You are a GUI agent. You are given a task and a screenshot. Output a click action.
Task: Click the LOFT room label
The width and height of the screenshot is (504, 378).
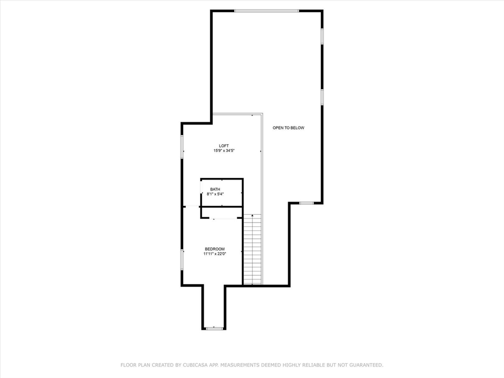click(x=224, y=146)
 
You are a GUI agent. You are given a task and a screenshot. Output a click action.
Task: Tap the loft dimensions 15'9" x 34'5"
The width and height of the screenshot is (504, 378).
click(x=224, y=151)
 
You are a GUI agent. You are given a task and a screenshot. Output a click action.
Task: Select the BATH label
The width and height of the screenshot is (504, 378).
click(x=215, y=190)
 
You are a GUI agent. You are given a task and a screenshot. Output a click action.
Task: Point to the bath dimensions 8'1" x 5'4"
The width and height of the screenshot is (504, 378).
click(x=215, y=194)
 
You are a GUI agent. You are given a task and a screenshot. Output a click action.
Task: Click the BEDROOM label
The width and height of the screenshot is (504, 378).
click(x=215, y=249)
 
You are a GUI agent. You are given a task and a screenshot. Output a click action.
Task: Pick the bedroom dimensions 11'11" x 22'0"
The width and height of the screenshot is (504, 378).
click(x=215, y=254)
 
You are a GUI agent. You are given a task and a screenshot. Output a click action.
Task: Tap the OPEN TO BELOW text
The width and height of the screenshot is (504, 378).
click(x=288, y=128)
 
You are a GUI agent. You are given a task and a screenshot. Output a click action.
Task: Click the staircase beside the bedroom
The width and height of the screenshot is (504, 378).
click(x=253, y=249)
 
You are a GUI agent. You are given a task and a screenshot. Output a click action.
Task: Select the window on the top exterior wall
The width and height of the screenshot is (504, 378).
click(x=267, y=10)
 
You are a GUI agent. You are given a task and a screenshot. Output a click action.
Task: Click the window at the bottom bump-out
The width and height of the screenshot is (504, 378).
click(x=214, y=329)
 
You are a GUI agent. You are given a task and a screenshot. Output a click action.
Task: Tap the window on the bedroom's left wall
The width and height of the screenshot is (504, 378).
click(x=182, y=259)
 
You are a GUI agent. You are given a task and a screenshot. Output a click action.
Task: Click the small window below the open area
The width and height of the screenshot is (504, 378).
click(x=306, y=203)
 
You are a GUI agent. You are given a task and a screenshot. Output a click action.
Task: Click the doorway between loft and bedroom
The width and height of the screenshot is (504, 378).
click(x=192, y=206)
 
